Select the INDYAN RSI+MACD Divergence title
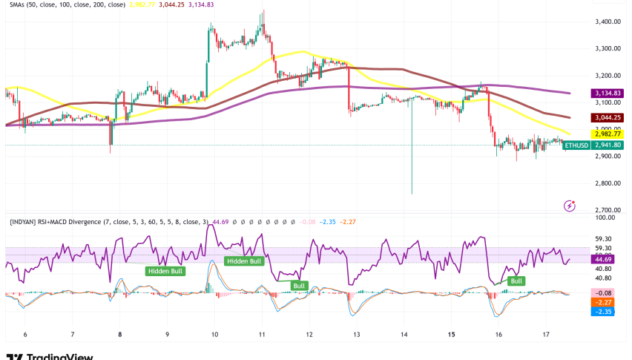(x=104, y=221)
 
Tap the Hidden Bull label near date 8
(x=165, y=271)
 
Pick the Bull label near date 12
(x=299, y=285)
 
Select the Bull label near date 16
(x=516, y=281)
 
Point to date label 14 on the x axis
(x=404, y=335)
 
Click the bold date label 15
(x=451, y=335)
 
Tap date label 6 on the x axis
(x=24, y=335)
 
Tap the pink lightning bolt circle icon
(x=570, y=205)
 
